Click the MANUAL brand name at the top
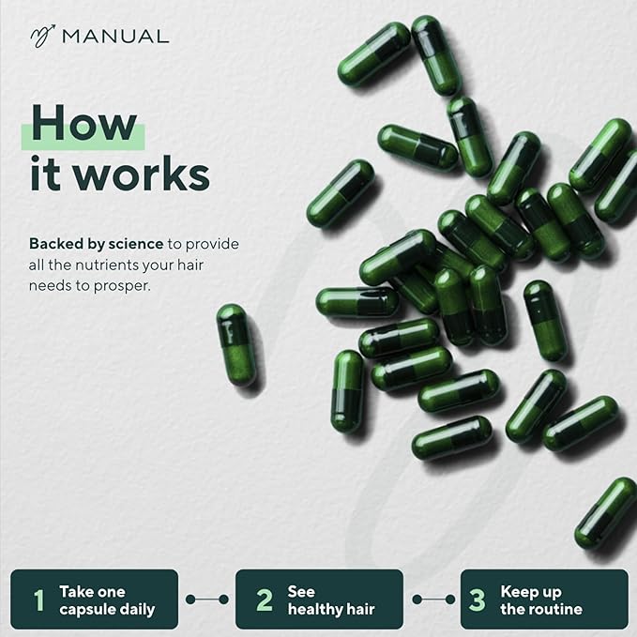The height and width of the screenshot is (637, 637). (x=115, y=37)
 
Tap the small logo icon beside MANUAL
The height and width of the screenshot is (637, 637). (x=43, y=37)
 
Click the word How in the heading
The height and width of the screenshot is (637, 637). (x=83, y=123)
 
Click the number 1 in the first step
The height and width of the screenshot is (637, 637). (x=38, y=599)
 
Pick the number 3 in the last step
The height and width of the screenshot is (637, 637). (x=478, y=599)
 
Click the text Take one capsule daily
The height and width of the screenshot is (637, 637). (x=106, y=599)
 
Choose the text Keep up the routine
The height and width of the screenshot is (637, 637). (x=541, y=599)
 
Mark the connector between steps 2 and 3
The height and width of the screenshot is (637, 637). (x=432, y=599)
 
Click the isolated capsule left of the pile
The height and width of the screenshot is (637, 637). (x=235, y=344)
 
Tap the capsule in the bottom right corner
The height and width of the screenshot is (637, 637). (x=605, y=514)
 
